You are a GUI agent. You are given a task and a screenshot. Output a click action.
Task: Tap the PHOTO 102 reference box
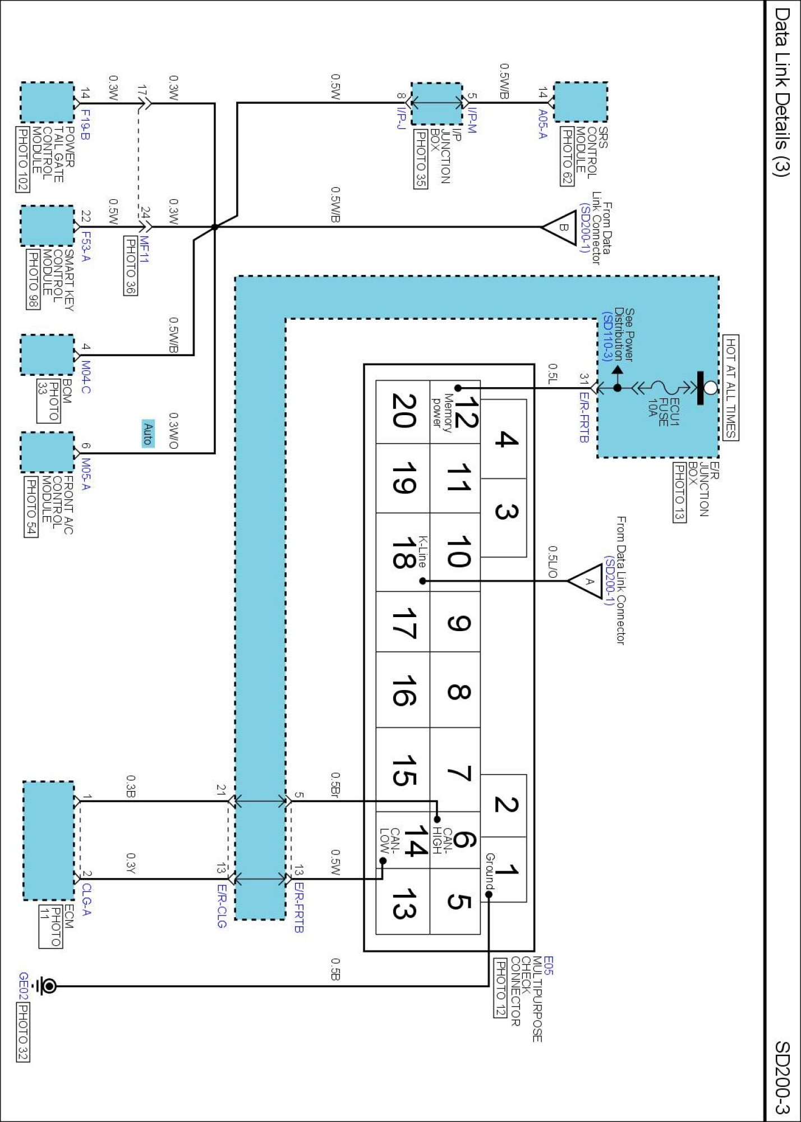(x=22, y=159)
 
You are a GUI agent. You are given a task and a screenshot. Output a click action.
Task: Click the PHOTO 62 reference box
(x=567, y=156)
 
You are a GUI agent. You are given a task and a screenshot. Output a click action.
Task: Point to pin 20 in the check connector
(x=403, y=412)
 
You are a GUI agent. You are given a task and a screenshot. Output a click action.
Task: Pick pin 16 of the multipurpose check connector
(x=403, y=691)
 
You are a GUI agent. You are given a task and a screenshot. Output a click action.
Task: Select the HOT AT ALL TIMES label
(x=730, y=388)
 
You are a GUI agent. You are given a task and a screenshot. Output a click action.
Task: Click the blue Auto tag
(x=148, y=434)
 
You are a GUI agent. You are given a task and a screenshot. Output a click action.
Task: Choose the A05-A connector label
(x=542, y=124)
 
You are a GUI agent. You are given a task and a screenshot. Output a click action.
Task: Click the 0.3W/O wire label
(x=173, y=431)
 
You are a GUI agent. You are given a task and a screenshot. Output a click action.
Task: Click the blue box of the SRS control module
(x=581, y=102)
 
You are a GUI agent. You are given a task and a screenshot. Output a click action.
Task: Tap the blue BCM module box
(x=47, y=355)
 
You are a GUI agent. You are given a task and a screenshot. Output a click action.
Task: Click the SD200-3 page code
(x=782, y=1077)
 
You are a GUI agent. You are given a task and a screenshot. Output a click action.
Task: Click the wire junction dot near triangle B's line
(x=215, y=227)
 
